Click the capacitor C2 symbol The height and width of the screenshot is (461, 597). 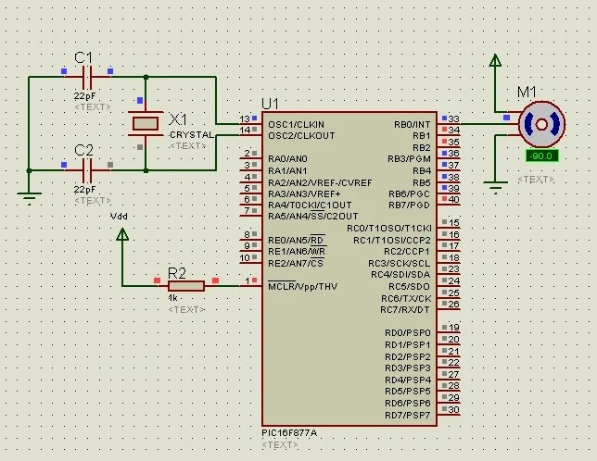[x=87, y=169]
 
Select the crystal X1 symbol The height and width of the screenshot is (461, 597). [x=145, y=123]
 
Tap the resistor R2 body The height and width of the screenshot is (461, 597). [x=185, y=285]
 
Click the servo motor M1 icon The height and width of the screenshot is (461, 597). [x=540, y=123]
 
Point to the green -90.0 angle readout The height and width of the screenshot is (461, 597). [x=540, y=156]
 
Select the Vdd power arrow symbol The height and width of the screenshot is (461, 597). [x=121, y=236]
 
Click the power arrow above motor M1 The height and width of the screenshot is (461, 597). [x=496, y=62]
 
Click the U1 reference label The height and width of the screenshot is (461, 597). [x=270, y=103]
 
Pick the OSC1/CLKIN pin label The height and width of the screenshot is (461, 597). [x=296, y=123]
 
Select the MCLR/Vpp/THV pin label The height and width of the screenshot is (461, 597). [x=302, y=286]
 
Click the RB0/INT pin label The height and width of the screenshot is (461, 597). [x=412, y=123]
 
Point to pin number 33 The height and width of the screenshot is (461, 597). [x=453, y=118]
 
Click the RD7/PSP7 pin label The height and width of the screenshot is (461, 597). [x=408, y=415]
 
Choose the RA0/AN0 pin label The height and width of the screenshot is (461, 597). [x=287, y=158]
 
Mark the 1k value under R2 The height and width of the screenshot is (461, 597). [x=172, y=298]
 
